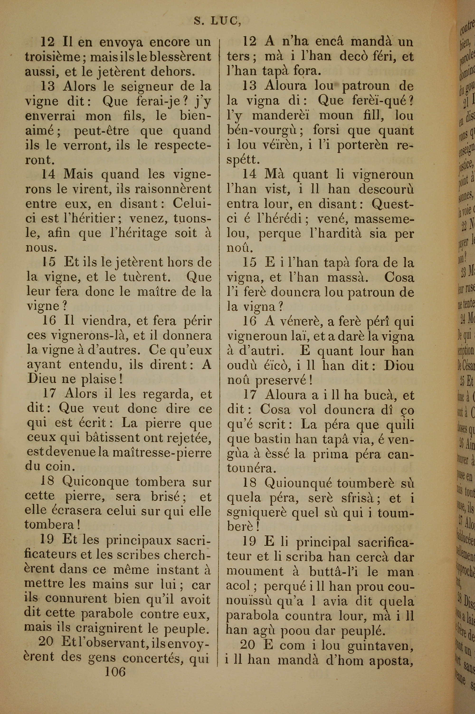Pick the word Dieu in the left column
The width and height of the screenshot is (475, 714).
(43, 379)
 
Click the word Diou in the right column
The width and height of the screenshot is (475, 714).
(399, 366)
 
